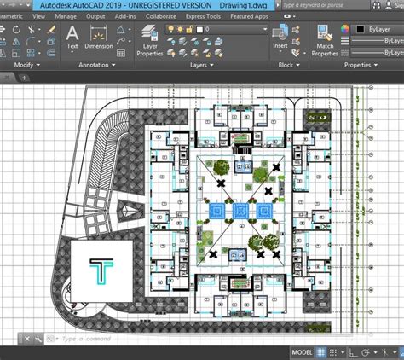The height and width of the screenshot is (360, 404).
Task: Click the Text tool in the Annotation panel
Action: click(x=72, y=37)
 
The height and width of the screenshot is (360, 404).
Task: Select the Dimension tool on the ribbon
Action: click(x=98, y=37)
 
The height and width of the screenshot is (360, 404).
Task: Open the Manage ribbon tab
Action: click(x=66, y=15)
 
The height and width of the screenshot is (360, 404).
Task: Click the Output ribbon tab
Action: click(x=96, y=15)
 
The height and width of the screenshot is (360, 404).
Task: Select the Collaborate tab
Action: click(x=161, y=15)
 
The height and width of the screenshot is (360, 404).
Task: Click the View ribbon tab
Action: click(x=39, y=15)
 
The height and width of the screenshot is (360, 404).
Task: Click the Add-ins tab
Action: click(x=126, y=15)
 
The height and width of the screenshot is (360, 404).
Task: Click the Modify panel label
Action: click(x=23, y=64)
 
